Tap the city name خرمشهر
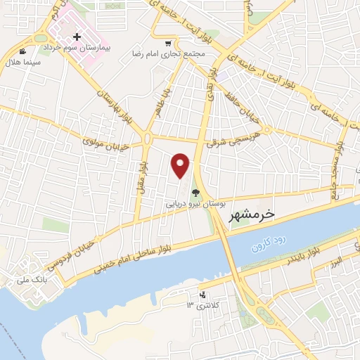point(250,213)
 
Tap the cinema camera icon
point(23,51)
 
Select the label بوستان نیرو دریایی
point(194,202)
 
